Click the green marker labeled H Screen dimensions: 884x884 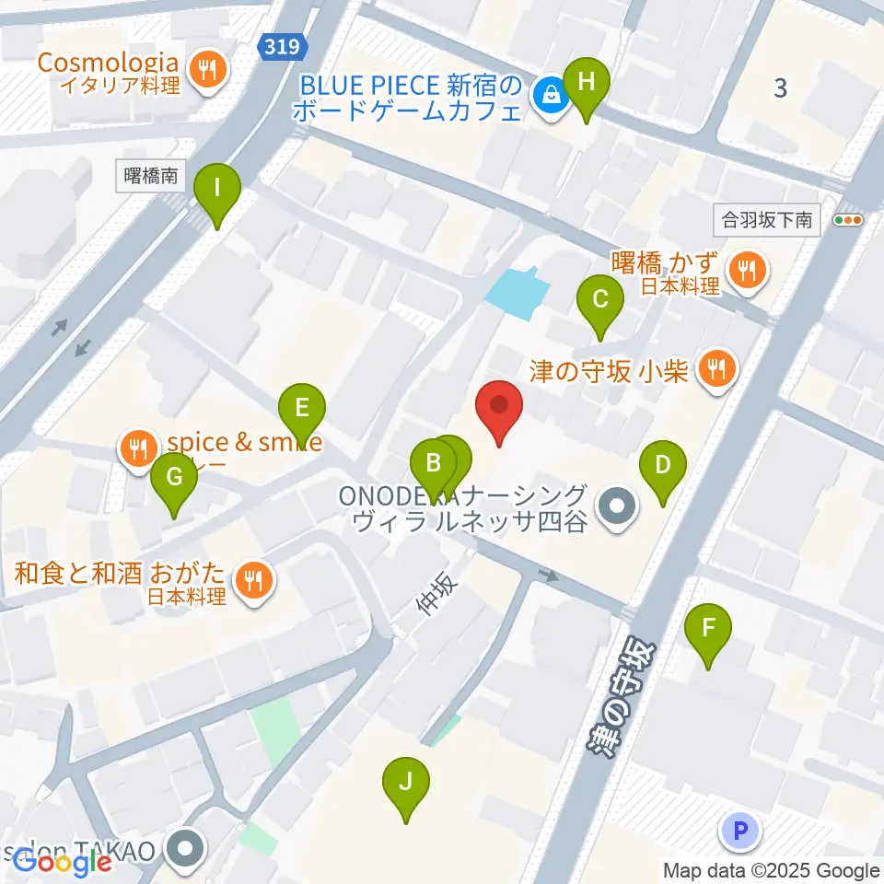click(x=587, y=83)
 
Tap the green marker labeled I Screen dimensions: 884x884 click(x=217, y=190)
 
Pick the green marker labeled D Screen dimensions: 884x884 click(x=663, y=466)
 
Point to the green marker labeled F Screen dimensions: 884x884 click(x=708, y=629)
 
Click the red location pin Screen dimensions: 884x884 click(x=499, y=406)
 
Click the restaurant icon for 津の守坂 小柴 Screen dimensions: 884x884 click(x=715, y=370)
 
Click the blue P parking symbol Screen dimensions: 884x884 click(x=740, y=832)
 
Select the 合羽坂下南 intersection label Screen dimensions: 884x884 click(x=767, y=221)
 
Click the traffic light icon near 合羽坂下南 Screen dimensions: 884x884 click(x=848, y=221)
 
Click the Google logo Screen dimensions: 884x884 click(x=63, y=862)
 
